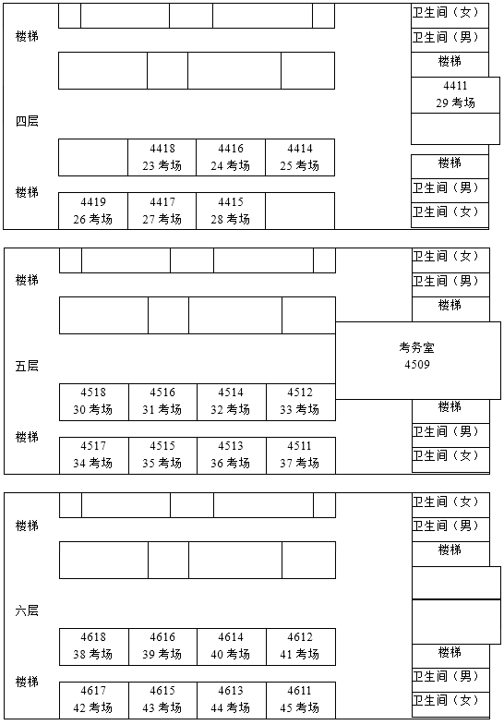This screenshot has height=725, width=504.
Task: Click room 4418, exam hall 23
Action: click(162, 157)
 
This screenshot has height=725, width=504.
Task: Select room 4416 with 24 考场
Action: click(231, 157)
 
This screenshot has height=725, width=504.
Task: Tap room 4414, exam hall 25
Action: click(299, 157)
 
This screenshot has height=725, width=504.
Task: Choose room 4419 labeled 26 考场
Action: click(93, 211)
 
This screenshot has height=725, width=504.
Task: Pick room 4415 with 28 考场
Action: click(231, 211)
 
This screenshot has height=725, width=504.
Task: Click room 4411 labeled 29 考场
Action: click(455, 95)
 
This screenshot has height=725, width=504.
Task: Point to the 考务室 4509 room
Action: click(417, 356)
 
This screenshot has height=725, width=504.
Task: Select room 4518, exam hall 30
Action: click(93, 401)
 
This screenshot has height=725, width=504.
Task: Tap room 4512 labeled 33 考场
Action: click(300, 401)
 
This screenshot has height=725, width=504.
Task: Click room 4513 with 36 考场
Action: click(231, 454)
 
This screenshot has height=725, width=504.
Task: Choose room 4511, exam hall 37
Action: click(300, 454)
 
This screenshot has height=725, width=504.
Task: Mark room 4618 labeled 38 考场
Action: click(93, 646)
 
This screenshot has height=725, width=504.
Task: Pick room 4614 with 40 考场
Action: click(231, 646)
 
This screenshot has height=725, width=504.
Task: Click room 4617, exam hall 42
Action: click(93, 699)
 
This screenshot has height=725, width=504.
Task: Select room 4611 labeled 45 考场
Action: click(300, 699)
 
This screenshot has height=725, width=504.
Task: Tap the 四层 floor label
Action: click(27, 121)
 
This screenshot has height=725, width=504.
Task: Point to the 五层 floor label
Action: click(27, 366)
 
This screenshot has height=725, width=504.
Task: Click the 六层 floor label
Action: click(27, 610)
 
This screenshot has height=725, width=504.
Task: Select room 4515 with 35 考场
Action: click(162, 454)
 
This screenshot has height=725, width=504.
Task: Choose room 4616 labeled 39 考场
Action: click(162, 646)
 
